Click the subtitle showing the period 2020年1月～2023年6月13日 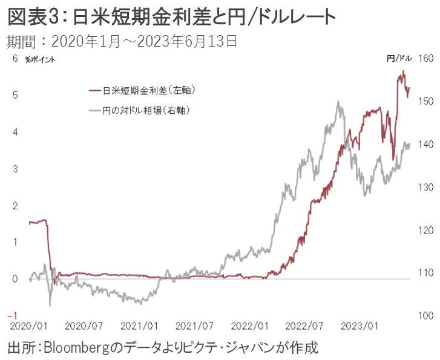[121, 42]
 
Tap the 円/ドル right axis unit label [399, 59]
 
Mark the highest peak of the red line [403, 71]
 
